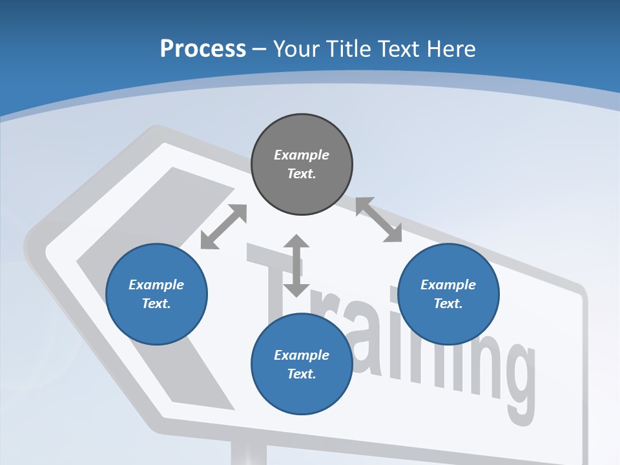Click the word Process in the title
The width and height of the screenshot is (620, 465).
(203, 49)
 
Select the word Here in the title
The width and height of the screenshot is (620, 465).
(450, 49)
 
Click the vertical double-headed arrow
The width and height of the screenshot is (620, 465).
(296, 265)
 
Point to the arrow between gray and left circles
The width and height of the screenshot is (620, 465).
(223, 227)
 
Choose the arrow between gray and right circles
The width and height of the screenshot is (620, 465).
(379, 220)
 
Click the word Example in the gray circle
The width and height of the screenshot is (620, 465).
(302, 155)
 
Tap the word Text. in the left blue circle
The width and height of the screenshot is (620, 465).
(156, 304)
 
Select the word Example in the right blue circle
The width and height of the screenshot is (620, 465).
(448, 285)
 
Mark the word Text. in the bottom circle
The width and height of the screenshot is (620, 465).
(302, 374)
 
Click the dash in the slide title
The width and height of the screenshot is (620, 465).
(260, 49)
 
